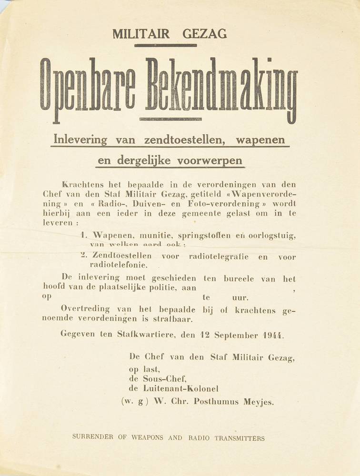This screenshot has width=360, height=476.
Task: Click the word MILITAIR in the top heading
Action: pos(141,34)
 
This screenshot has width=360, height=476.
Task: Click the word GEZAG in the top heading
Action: pos(204,34)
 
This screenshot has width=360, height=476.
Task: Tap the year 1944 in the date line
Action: pos(273,335)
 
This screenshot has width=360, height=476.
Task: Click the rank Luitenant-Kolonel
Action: pos(173,389)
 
